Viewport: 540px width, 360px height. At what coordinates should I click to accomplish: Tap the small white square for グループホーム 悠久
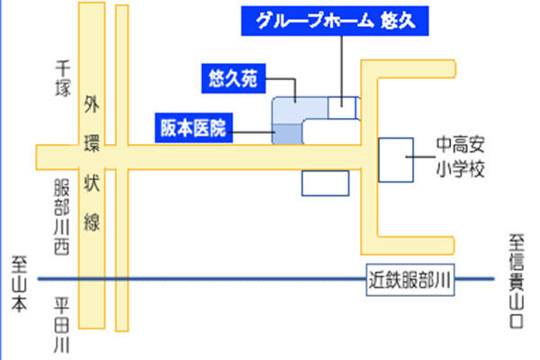point(343,107)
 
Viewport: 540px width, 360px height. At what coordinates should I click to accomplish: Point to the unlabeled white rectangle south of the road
point(324,183)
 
